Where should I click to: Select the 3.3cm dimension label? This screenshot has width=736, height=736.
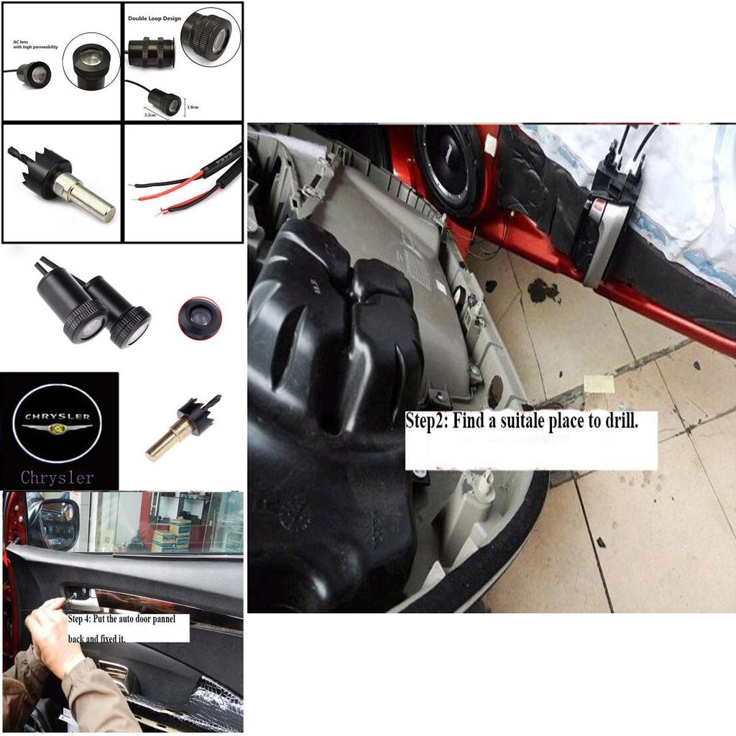[150, 114]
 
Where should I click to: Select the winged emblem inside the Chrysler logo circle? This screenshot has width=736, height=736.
[57, 428]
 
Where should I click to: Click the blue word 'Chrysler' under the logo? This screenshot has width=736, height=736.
[57, 477]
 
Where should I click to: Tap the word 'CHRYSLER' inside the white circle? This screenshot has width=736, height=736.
[57, 416]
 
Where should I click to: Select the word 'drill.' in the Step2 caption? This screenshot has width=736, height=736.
[620, 421]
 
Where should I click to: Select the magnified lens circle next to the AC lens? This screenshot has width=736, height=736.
[91, 62]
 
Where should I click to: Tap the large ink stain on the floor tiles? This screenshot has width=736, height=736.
[544, 290]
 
